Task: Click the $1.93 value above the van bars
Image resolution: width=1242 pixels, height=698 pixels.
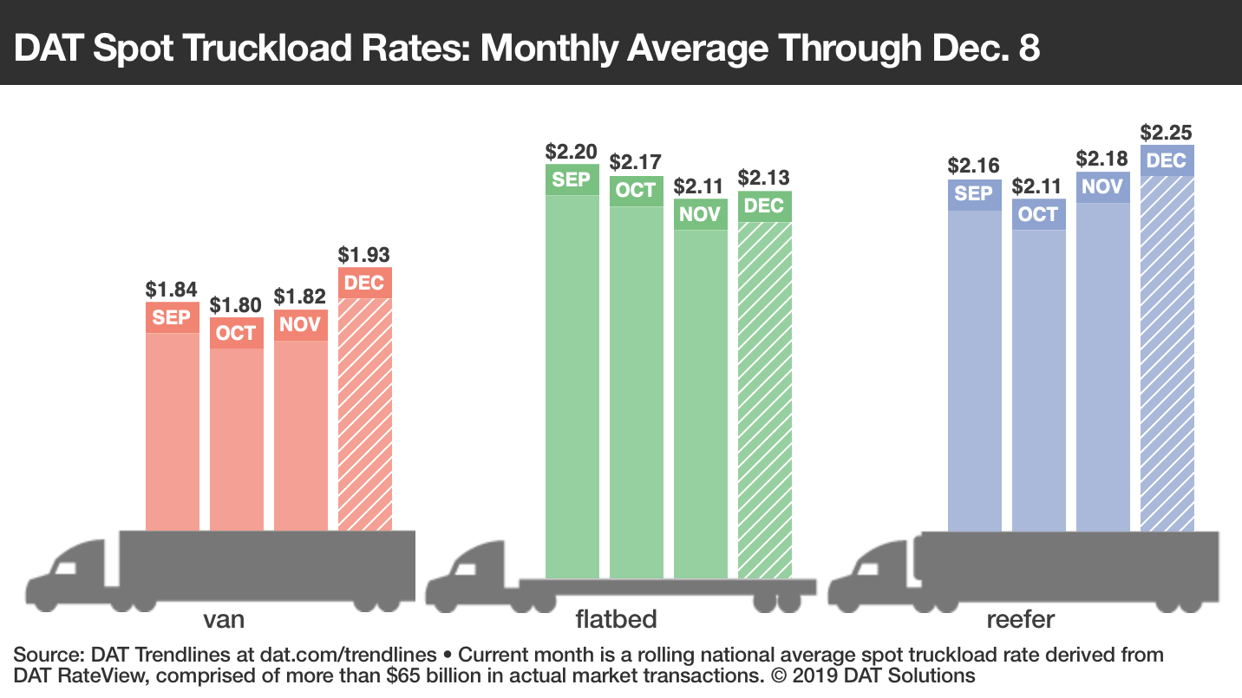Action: point(364,255)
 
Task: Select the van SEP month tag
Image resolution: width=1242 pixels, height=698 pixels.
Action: point(172,317)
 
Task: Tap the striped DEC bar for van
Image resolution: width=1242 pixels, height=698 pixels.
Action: point(364,414)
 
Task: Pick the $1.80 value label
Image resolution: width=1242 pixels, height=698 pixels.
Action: point(236,305)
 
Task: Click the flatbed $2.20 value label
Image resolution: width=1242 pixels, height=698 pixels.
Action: point(572,152)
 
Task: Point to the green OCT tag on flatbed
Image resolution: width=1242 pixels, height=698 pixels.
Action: point(636,191)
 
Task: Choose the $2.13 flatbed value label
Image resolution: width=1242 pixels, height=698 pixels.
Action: point(764,178)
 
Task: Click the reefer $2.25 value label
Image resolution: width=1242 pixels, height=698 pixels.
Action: point(1166,133)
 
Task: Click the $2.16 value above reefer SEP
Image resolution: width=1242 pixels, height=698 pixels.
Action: point(973,166)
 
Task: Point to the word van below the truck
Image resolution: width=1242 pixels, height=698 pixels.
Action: point(223,620)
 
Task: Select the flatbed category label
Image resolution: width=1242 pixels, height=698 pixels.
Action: point(617,620)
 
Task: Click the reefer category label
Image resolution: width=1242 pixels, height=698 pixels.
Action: point(1020,620)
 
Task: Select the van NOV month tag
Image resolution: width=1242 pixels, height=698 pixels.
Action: point(300,324)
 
